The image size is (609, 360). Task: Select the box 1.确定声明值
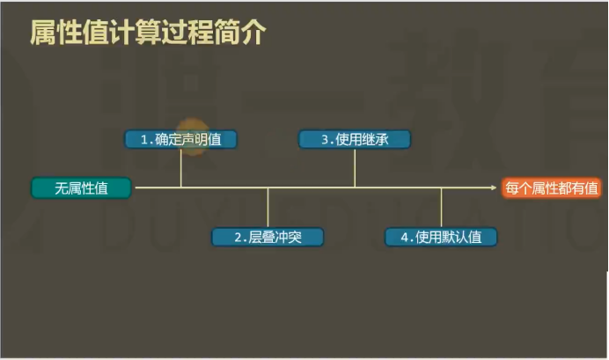click(180, 139)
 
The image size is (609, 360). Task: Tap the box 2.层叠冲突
click(268, 238)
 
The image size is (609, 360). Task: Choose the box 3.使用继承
click(355, 139)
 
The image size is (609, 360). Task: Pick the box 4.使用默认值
click(441, 238)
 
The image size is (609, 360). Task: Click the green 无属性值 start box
click(81, 187)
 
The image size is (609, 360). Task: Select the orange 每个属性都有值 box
click(552, 187)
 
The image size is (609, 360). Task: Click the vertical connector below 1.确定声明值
click(181, 167)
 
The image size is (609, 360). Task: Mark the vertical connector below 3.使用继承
click(355, 167)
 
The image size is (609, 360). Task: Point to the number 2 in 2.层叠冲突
click(238, 238)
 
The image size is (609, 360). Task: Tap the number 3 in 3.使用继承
click(324, 139)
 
